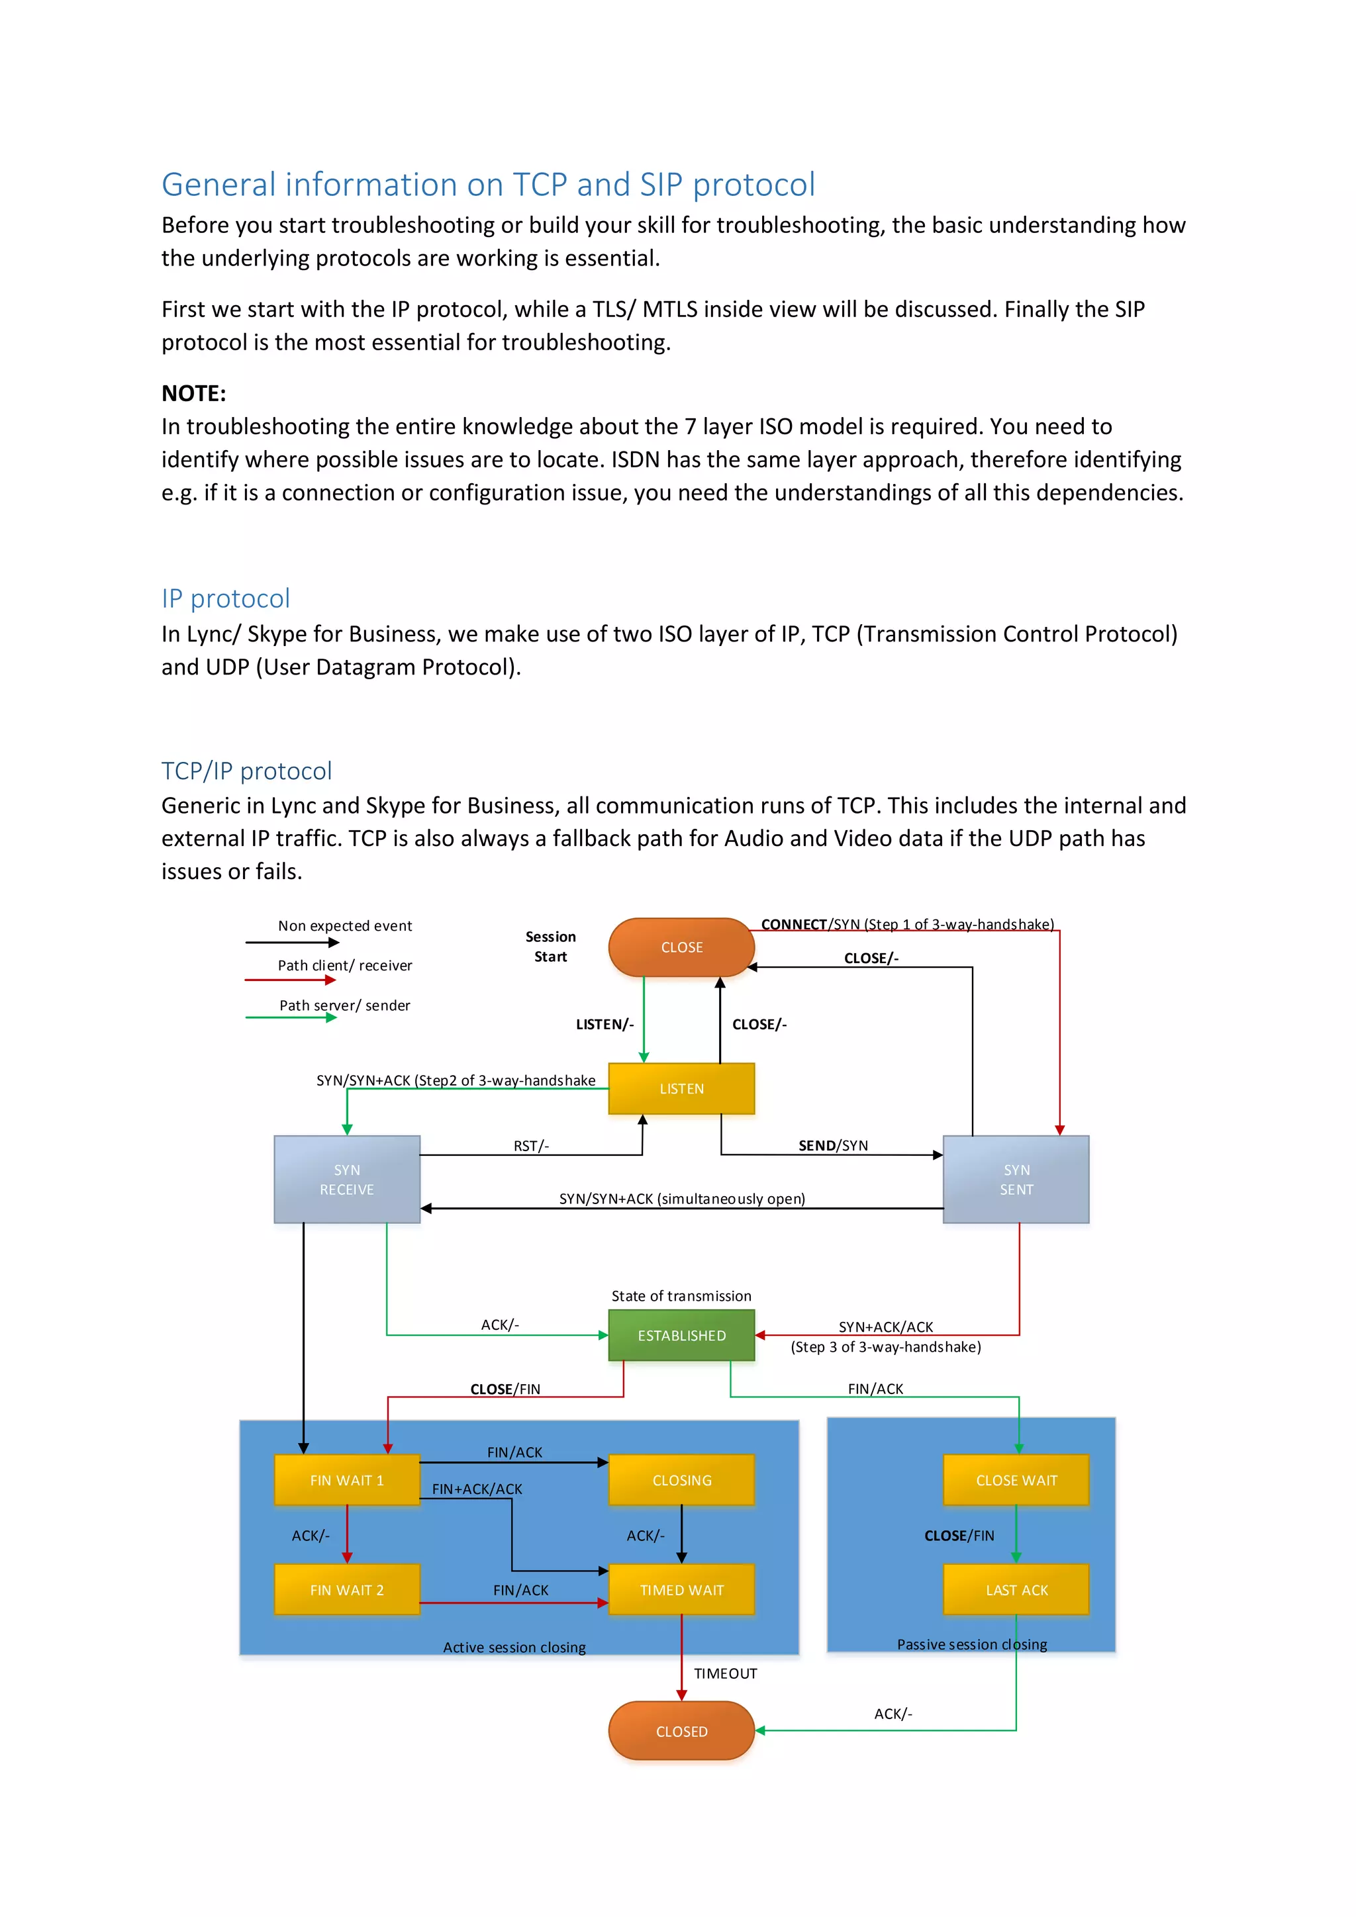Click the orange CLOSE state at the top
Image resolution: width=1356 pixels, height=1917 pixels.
tap(681, 947)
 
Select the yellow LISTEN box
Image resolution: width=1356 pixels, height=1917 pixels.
tap(681, 1088)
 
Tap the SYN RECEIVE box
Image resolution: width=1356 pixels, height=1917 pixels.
tap(346, 1179)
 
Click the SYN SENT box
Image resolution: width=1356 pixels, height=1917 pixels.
tap(1016, 1179)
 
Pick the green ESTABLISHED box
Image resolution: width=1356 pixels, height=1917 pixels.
tap(681, 1335)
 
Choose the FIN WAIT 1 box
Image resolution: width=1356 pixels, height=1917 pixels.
tap(346, 1479)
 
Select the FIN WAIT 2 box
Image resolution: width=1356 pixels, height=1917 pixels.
tap(346, 1590)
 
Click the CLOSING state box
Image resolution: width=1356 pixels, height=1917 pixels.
tap(681, 1479)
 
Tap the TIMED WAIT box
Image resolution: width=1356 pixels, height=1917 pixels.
tap(681, 1590)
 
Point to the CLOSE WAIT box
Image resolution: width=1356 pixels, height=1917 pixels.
tap(1016, 1479)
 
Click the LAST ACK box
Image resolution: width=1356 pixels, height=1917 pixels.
tap(1016, 1590)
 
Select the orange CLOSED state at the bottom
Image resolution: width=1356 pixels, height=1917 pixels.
tap(681, 1731)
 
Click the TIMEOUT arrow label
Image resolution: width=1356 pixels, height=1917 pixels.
tap(725, 1673)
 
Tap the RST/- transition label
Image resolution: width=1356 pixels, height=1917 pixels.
tap(531, 1146)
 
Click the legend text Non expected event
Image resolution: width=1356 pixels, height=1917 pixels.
tap(345, 925)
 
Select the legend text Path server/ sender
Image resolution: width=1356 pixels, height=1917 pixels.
tap(345, 1005)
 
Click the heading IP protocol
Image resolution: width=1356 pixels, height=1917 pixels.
tap(225, 598)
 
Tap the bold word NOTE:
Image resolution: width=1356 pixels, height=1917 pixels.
tap(194, 393)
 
